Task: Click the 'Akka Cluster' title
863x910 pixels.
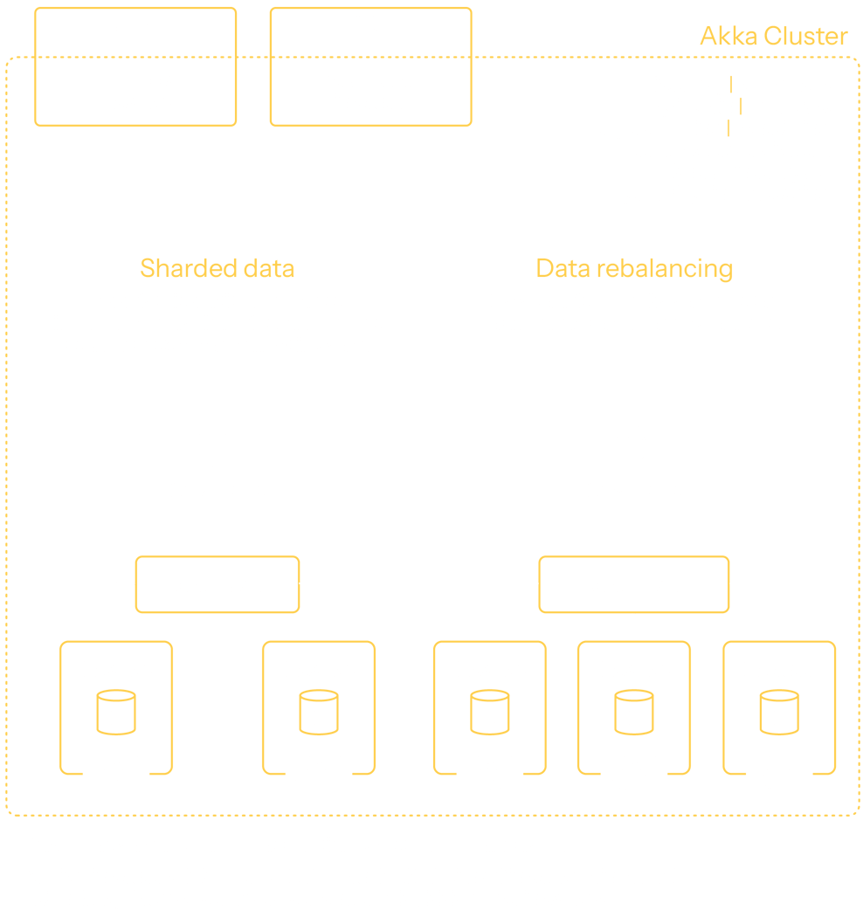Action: click(773, 36)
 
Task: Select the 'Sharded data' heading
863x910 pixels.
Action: click(217, 268)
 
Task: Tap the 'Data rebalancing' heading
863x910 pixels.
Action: click(634, 268)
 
